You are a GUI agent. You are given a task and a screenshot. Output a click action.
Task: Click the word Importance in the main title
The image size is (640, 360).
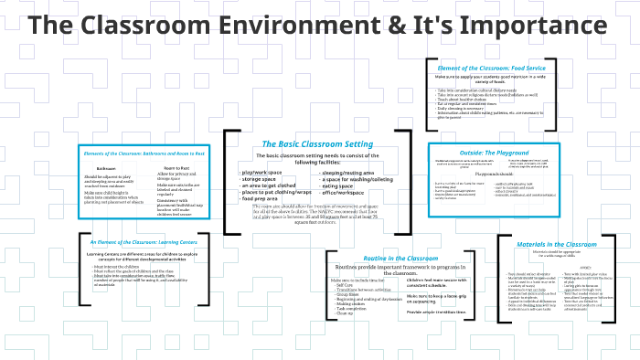pos(518,25)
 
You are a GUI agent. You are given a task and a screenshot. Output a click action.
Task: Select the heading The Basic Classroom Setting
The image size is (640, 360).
pos(316,144)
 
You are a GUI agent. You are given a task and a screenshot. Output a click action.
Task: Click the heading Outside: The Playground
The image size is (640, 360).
pos(495,152)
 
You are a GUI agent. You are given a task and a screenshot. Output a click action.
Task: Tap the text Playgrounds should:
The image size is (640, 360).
pos(495,172)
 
